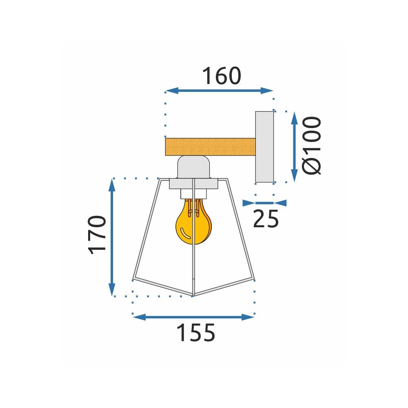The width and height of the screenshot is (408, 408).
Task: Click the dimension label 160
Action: coord(222,76)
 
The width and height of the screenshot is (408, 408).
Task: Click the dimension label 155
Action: coord(195,333)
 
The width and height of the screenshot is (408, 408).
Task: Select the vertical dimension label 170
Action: coord(98,235)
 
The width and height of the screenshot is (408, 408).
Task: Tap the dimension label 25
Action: coord(266,219)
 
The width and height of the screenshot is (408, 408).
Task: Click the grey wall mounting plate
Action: coord(264,146)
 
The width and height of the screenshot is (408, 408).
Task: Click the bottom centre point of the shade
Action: coord(193,295)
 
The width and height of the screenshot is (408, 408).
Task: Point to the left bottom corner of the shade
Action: coord(133,279)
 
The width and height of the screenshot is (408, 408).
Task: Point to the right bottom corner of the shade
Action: coord(255,279)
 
